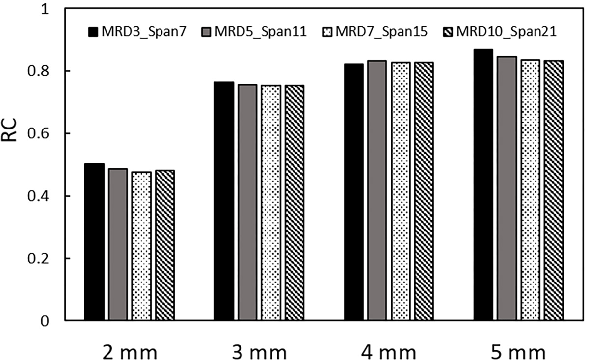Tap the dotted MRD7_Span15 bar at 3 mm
pos(271,203)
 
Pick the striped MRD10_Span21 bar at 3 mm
pos(294,203)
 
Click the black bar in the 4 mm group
pos(354,192)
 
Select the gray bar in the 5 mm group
pos(507,188)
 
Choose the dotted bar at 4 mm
pos(401,191)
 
